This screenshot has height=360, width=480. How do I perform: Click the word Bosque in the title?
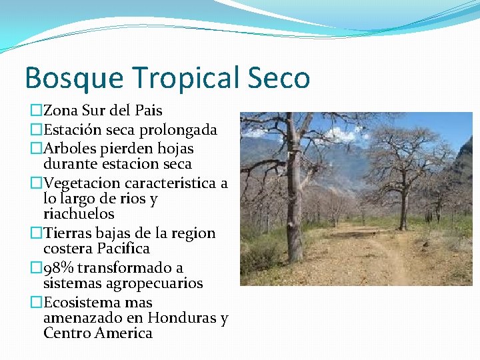(73, 77)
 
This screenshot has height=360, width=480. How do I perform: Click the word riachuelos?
(79, 214)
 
